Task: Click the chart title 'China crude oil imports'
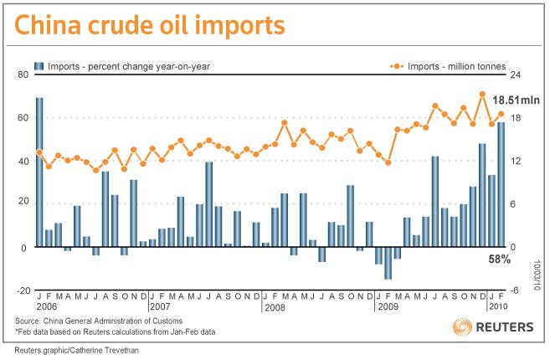(x=150, y=25)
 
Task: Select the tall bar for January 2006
(x=39, y=172)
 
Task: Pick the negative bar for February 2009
(x=388, y=263)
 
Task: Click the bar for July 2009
(x=435, y=202)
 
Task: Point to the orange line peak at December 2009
(x=482, y=94)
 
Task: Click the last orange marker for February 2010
(x=501, y=114)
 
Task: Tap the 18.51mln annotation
(x=516, y=100)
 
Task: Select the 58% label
(x=500, y=260)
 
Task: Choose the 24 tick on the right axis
(x=516, y=75)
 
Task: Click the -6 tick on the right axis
(x=516, y=291)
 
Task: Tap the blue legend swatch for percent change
(x=39, y=66)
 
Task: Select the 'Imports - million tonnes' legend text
(x=456, y=66)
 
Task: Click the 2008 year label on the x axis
(x=275, y=308)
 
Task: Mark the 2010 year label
(x=498, y=306)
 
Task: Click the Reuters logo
(x=494, y=327)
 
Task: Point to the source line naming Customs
(x=99, y=321)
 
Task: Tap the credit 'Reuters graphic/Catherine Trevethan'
(x=76, y=350)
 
